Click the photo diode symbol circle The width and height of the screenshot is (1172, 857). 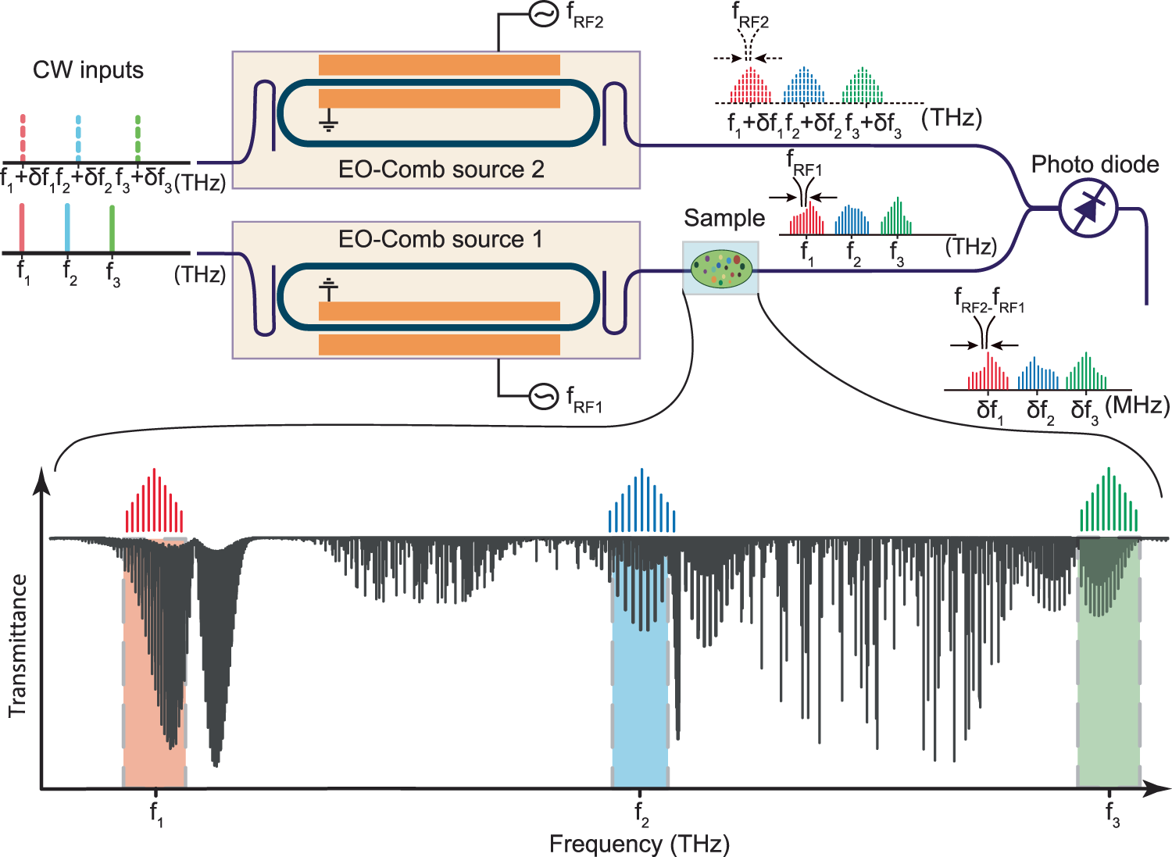coord(1088,208)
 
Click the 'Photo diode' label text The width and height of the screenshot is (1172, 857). coord(1095,164)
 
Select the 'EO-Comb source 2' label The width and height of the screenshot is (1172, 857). coord(441,170)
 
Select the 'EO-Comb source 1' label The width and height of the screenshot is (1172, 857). coord(440,238)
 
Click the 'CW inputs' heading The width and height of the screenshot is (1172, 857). coord(88,70)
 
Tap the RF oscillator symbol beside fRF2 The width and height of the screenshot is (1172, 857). coord(544,14)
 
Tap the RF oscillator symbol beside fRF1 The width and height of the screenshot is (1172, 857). coord(544,396)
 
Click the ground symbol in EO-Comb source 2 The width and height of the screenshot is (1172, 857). coord(328,121)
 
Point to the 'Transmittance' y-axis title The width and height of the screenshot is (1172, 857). coord(17,646)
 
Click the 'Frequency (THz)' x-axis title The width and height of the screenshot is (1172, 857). coord(639,844)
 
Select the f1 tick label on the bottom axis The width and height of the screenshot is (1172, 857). coord(156,814)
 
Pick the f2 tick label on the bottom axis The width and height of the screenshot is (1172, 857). coord(641,814)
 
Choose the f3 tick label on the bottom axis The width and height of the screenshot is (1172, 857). coord(1112,814)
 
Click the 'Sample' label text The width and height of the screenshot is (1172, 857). coord(724,218)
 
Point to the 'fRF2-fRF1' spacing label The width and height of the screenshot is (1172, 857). coord(989,301)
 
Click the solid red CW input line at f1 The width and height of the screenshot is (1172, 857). coord(23,227)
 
